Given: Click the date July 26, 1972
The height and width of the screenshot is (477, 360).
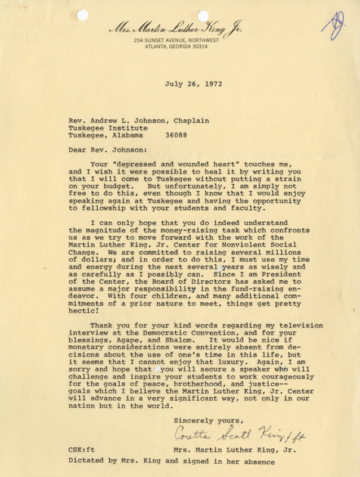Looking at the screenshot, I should point(193,83).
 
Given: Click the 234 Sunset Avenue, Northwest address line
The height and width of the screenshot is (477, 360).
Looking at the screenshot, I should point(176,40).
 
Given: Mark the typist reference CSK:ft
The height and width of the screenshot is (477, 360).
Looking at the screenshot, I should point(82,450).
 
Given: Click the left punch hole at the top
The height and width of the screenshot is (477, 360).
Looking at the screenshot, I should point(82,15).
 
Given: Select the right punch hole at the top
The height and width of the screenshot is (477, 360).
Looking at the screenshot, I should point(203,15).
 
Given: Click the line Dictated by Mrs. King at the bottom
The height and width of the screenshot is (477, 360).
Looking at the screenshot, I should point(170,461).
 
